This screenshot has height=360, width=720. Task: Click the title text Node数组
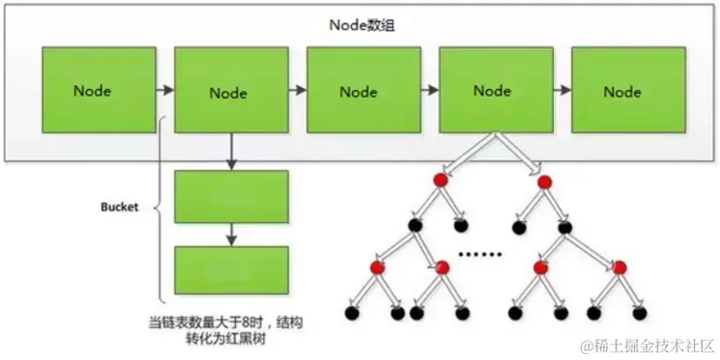363,25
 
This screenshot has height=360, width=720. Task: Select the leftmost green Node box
99,90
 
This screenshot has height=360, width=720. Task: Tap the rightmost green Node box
628,90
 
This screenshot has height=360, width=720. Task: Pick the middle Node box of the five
363,90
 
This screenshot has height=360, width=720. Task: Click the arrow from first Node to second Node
165,90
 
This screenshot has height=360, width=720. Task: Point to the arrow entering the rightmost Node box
562,90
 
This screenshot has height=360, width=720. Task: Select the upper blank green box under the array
232,197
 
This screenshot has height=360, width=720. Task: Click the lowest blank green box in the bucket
232,271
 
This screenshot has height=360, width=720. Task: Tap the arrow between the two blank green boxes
232,235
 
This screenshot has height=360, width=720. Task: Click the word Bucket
120,207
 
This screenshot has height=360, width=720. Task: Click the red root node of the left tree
440,180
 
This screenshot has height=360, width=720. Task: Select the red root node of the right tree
544,183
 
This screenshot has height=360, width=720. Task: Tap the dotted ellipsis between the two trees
481,254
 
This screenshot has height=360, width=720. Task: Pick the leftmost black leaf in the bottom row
351,313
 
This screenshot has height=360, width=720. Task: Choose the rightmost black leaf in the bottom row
640,313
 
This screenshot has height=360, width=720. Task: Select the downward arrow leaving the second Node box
232,151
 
